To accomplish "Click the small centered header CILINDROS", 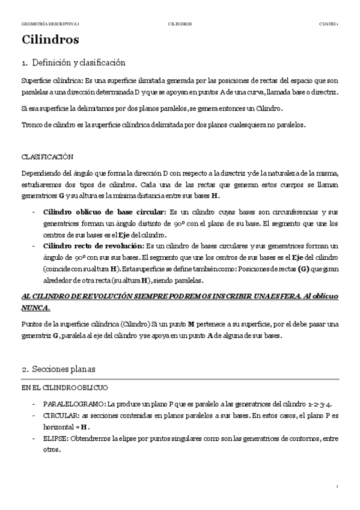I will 180,23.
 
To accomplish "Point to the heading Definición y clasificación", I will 78,62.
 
